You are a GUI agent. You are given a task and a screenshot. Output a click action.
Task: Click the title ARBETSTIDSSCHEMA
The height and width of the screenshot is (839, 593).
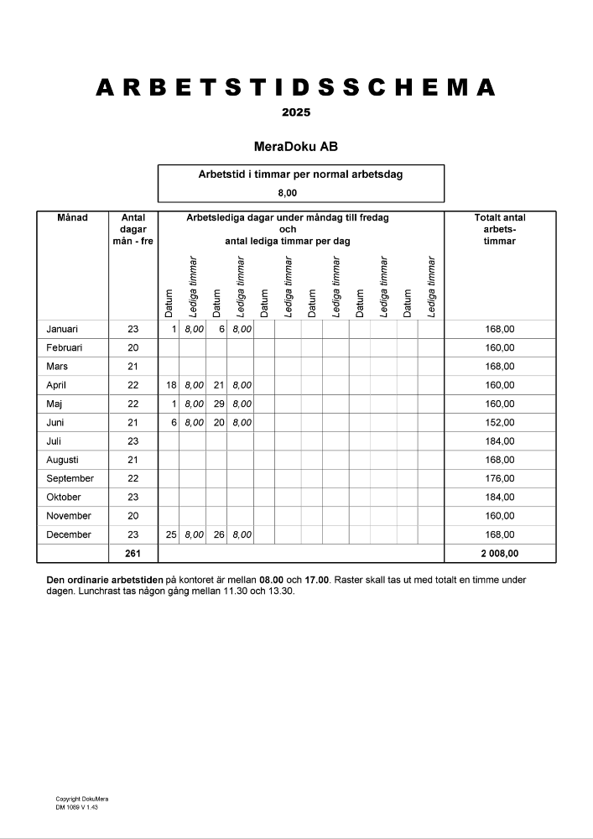(296, 88)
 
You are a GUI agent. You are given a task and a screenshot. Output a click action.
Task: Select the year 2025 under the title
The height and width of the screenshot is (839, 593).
(296, 112)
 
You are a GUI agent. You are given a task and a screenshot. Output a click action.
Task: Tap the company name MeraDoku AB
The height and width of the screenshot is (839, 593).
(296, 147)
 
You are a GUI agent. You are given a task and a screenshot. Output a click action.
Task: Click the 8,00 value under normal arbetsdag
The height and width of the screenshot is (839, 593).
(300, 193)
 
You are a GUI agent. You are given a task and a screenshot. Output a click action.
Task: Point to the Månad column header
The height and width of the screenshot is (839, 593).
(72, 218)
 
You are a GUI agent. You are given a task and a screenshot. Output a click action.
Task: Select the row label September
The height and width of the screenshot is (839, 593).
(70, 478)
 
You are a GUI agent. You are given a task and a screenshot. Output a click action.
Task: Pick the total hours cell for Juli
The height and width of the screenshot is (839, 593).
(500, 441)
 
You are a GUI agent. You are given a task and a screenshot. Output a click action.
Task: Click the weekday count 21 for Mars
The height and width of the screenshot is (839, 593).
(133, 367)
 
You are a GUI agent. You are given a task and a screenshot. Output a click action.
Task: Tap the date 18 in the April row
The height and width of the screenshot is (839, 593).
(171, 385)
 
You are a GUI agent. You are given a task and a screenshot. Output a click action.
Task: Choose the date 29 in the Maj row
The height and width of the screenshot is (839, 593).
(219, 404)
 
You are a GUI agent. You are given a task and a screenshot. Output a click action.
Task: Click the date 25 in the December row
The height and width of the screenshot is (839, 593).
(171, 534)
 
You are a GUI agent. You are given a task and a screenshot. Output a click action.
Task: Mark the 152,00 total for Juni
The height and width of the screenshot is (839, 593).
(500, 423)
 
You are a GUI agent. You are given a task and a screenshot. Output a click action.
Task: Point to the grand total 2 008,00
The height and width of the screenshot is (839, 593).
(500, 553)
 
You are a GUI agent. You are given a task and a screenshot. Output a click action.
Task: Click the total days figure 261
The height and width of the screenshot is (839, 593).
(133, 553)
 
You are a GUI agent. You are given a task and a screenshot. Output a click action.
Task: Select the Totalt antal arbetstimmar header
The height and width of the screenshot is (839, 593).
(500, 229)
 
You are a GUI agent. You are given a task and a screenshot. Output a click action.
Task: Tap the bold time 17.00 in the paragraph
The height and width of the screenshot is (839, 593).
(319, 580)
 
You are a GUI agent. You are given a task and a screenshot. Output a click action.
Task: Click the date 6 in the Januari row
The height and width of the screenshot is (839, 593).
(221, 329)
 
